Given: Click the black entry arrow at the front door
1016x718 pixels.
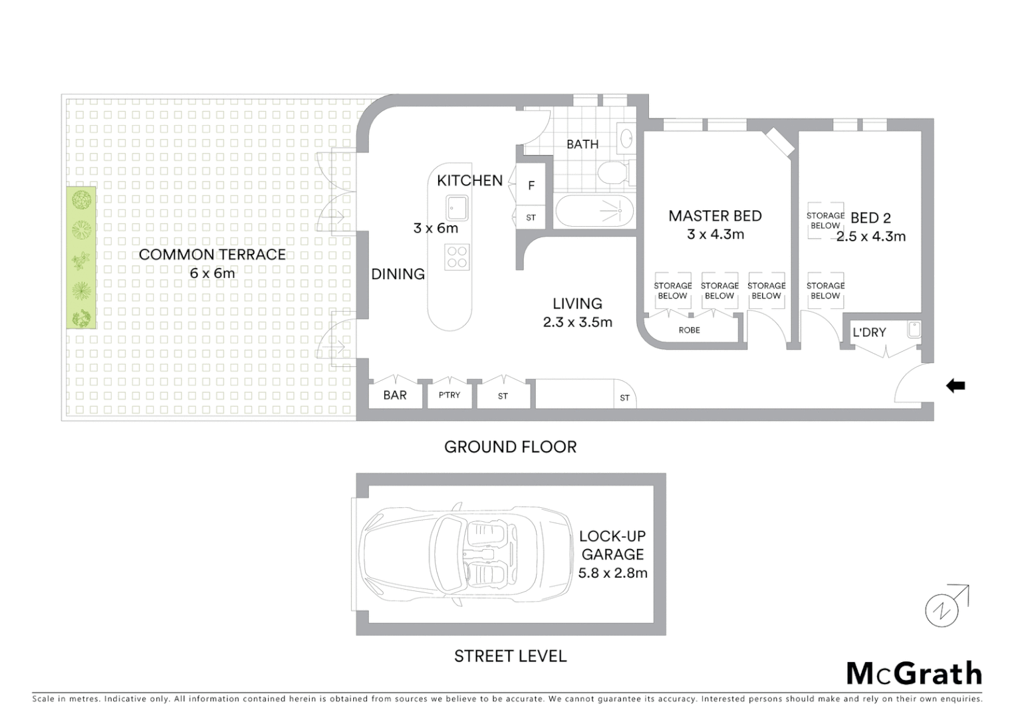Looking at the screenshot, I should (x=955, y=386).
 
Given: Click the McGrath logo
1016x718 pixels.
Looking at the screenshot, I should (x=914, y=673).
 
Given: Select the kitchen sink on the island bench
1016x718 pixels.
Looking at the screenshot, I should (x=457, y=207).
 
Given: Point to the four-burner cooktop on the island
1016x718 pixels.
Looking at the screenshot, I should (x=457, y=257).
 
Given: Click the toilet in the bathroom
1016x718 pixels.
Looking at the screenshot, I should (x=612, y=174).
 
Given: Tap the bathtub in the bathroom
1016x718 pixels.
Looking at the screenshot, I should (x=593, y=211).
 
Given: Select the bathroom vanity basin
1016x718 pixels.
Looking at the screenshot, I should (x=626, y=138).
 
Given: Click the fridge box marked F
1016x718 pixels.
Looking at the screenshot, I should (x=531, y=185).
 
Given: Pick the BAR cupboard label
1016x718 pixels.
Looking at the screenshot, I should (x=395, y=395).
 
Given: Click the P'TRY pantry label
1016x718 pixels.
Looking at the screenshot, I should (x=449, y=395).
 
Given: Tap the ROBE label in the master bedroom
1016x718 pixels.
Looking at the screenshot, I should (x=689, y=330).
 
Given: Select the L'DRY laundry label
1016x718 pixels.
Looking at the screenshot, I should (x=869, y=332).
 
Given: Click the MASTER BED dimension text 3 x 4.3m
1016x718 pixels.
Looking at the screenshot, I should (x=715, y=234).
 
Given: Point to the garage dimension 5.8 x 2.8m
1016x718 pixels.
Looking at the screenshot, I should (x=612, y=573).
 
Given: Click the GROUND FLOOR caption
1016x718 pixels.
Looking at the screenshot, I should (x=510, y=447).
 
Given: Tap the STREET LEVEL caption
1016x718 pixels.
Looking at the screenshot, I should (x=510, y=656).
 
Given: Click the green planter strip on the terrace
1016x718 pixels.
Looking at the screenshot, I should (x=80, y=257).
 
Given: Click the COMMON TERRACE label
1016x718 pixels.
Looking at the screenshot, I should (x=212, y=255).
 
